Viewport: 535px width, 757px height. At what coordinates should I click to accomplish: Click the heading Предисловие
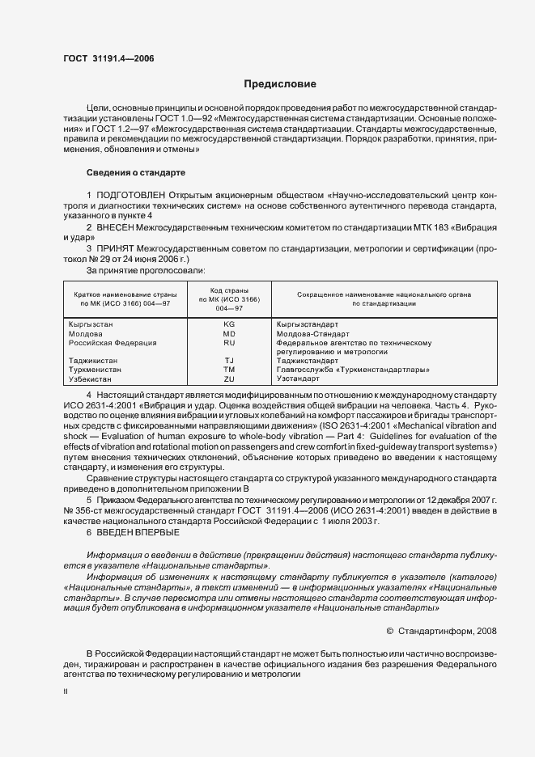click(280, 84)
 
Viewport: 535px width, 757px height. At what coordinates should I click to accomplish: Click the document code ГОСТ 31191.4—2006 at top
click(108, 58)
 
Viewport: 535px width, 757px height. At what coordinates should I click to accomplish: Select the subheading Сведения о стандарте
click(136, 173)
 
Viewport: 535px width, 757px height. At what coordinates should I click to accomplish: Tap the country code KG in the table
click(229, 323)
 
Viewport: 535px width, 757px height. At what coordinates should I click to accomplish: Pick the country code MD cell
click(229, 333)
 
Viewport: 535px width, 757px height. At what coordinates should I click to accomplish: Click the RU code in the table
click(229, 343)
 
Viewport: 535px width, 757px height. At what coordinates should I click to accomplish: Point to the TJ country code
click(229, 360)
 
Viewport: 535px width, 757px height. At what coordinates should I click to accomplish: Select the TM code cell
click(229, 369)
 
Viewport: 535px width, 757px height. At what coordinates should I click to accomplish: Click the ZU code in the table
click(229, 378)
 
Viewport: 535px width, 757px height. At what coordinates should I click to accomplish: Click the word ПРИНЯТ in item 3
click(116, 250)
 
